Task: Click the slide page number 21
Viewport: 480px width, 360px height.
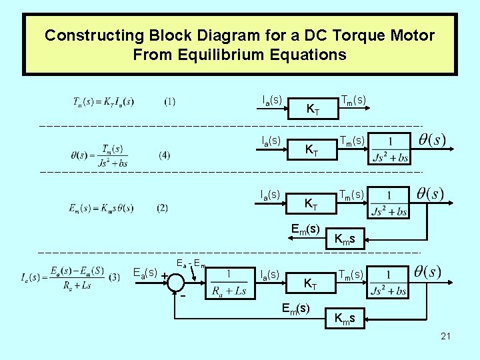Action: point(445,336)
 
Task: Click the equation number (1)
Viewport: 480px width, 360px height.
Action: point(170,102)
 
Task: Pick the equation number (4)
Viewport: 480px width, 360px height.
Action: point(165,155)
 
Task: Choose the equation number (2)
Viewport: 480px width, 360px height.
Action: point(163,208)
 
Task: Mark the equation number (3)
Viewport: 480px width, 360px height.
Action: point(114,276)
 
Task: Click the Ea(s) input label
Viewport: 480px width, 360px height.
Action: point(145,272)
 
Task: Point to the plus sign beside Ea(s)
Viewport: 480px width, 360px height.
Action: point(164,275)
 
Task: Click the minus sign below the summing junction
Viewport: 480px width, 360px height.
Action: point(182,297)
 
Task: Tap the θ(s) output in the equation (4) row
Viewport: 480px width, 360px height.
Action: point(431,141)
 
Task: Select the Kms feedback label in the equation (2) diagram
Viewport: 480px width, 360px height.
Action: point(349,239)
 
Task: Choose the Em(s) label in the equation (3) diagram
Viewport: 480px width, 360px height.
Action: point(295,308)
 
